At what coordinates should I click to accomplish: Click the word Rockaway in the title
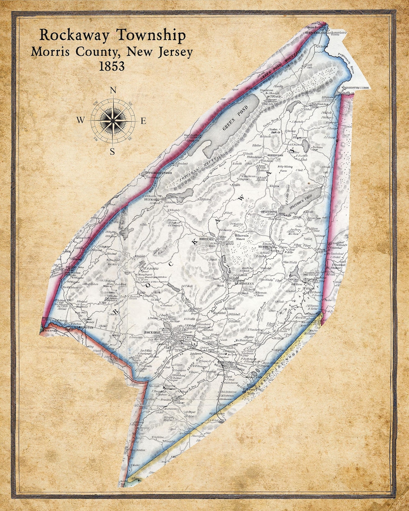pos(75,35)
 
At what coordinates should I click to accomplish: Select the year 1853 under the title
pos(112,66)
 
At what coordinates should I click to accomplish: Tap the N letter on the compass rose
pos(112,90)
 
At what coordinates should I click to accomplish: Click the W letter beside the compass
pos(81,120)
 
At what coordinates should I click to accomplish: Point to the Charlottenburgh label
pos(357,88)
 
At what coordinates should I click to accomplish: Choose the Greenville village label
pos(275,155)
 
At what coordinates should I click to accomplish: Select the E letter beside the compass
pos(144,121)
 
